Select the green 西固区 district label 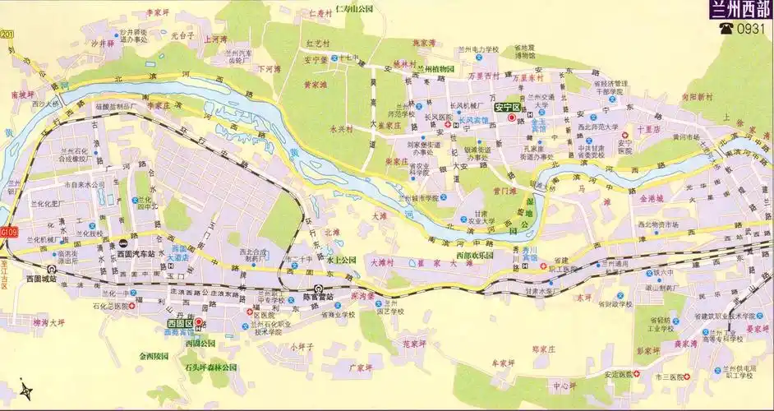pyautogui.click(x=179, y=324)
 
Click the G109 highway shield pyautogui.click(x=8, y=233)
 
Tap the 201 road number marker pyautogui.click(x=7, y=33)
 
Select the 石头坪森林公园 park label pyautogui.click(x=210, y=367)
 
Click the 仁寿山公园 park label pyautogui.click(x=343, y=11)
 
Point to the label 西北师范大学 pyautogui.click(x=597, y=127)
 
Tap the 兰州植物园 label pyautogui.click(x=436, y=69)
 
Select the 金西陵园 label pyautogui.click(x=154, y=357)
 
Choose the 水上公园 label pyautogui.click(x=341, y=260)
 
